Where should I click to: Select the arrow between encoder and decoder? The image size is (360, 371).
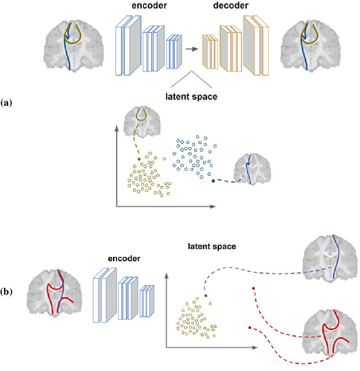pyautogui.click(x=193, y=49)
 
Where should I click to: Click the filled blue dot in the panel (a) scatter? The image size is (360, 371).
pyautogui.click(x=213, y=181)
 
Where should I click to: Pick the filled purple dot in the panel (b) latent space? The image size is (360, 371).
pyautogui.click(x=205, y=295)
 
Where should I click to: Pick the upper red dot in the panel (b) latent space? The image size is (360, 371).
pyautogui.click(x=254, y=289)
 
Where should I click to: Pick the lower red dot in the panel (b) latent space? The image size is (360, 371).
pyautogui.click(x=248, y=327)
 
